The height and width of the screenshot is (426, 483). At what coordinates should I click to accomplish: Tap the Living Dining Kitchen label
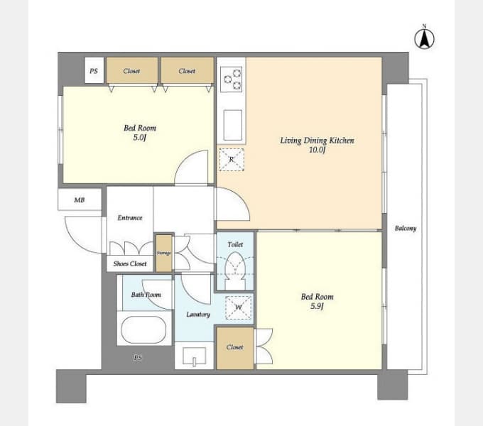coord(317,141)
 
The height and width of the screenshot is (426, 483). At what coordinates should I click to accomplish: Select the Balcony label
coord(406,228)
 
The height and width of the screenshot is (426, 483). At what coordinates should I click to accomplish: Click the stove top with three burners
coord(232,79)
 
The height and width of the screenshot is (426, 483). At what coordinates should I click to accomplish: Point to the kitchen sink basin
coord(232,125)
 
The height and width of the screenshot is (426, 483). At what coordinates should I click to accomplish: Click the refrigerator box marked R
coord(232,160)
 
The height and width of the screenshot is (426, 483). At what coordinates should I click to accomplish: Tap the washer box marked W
coord(239,307)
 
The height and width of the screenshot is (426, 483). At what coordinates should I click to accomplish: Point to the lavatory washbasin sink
coord(194,356)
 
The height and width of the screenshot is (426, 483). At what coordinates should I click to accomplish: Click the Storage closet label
coord(163,253)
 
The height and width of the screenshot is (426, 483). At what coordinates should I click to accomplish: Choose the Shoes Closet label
coord(130,264)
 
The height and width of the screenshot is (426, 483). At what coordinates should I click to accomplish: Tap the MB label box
coord(80,200)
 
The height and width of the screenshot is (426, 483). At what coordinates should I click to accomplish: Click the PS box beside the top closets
coord(94,70)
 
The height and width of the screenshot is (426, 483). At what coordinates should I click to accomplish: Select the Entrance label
coord(130,218)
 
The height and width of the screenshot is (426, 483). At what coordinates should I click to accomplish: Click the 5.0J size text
coord(139,137)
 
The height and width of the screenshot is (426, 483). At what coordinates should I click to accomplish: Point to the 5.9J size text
coord(317,306)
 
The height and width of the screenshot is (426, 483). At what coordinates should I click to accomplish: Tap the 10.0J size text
coord(317,150)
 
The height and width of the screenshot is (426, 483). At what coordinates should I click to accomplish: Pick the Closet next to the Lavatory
coord(235,347)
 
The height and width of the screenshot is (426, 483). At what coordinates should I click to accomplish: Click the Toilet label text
coord(235,244)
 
